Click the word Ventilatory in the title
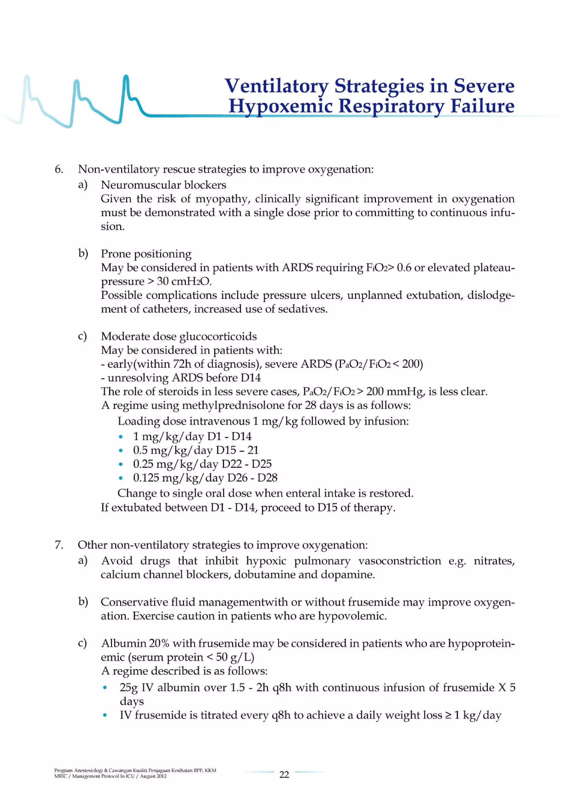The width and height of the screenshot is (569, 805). click(276, 86)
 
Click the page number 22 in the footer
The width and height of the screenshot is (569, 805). click(284, 774)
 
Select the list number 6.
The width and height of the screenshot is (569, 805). click(59, 169)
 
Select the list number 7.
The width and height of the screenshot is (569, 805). click(59, 545)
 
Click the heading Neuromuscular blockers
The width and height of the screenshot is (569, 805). click(163, 185)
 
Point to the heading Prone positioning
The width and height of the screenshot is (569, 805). click(146, 253)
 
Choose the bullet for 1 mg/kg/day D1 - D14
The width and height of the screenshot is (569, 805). click(121, 437)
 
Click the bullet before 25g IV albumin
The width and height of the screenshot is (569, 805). click(104, 688)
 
